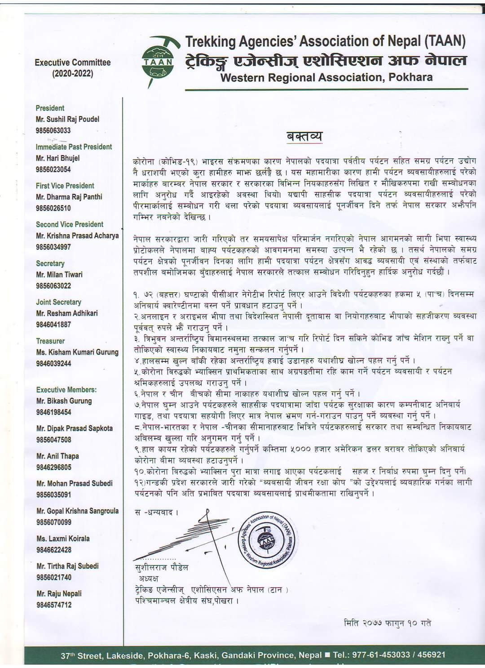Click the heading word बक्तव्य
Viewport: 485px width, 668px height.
click(304, 136)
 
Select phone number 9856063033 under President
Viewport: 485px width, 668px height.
click(53, 131)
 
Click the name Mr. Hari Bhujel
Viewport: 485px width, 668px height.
click(57, 158)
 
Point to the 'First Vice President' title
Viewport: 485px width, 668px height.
click(65, 186)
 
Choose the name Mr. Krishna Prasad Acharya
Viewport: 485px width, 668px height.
click(77, 236)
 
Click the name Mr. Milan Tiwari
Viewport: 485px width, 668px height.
click(59, 275)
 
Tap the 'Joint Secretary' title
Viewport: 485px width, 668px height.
click(58, 302)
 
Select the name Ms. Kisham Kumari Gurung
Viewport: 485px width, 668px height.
click(77, 352)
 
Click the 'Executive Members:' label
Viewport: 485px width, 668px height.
click(66, 390)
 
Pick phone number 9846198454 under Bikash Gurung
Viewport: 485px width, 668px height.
click(54, 412)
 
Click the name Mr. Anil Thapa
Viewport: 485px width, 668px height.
click(57, 456)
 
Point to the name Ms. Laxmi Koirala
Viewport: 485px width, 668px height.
click(63, 539)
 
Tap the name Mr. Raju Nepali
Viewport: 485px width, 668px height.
click(59, 594)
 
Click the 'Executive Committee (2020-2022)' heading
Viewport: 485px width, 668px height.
click(72, 68)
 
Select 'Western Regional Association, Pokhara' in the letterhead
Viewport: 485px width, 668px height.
click(326, 77)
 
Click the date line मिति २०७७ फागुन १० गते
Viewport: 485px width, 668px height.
click(387, 623)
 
